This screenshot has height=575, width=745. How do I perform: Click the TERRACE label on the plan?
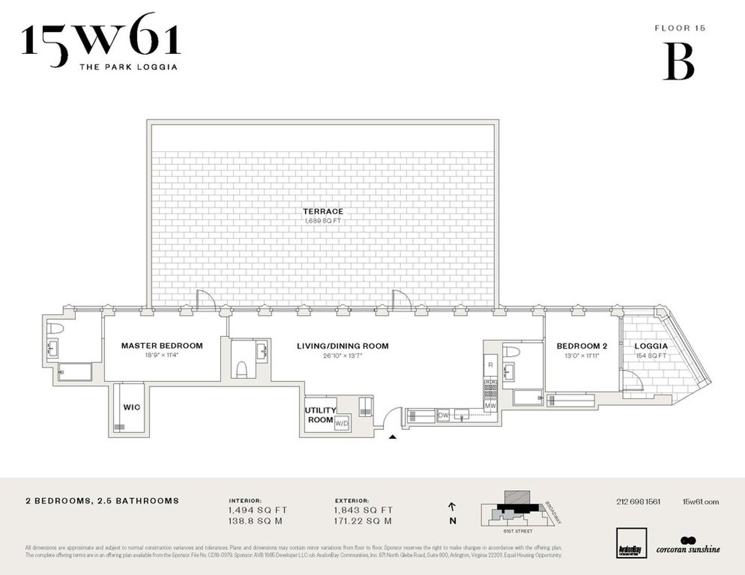322,212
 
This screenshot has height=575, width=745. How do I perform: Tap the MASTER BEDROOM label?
161,345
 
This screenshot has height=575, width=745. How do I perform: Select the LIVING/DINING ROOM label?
343,346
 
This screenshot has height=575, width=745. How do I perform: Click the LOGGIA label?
650,346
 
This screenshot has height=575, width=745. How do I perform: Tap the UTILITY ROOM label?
320,415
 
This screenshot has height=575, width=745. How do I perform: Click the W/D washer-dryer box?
341,424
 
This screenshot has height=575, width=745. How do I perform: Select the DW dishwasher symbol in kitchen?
443,416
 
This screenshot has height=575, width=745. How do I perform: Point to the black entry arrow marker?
392,438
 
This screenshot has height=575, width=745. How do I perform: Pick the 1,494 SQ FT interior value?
258,510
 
